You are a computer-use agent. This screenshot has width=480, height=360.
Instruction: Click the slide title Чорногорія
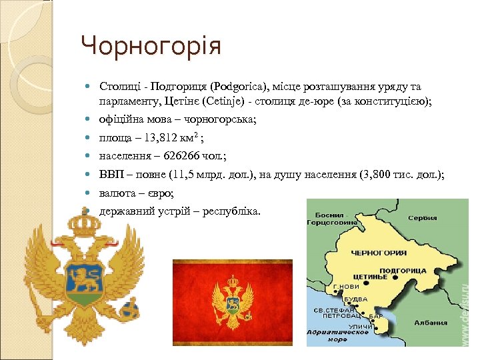(151, 46)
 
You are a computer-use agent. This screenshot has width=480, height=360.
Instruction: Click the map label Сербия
(423, 218)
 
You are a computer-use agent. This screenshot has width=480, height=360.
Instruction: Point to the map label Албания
(430, 322)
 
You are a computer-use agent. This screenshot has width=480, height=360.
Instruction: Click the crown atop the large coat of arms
(85, 226)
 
